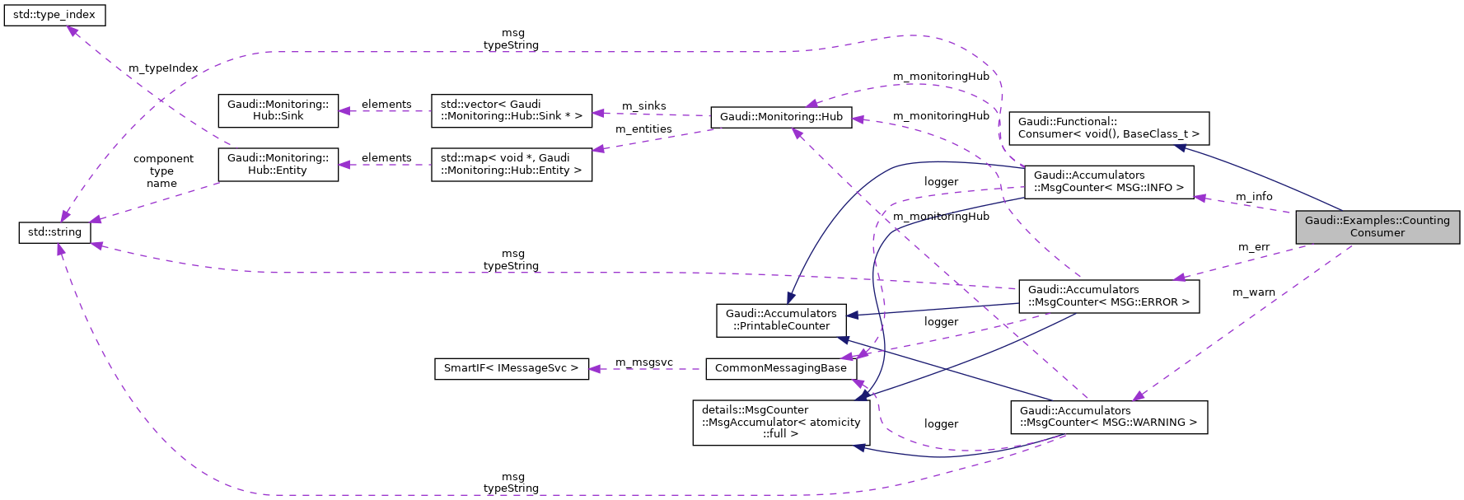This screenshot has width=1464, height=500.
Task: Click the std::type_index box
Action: tap(54, 15)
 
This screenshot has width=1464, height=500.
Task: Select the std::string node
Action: tap(54, 232)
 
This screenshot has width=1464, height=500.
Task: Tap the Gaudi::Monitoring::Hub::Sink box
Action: tap(278, 110)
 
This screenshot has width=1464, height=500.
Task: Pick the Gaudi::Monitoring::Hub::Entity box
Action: tap(278, 164)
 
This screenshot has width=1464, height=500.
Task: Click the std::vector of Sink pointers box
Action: tap(511, 110)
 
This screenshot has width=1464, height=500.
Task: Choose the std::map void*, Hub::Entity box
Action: tap(511, 164)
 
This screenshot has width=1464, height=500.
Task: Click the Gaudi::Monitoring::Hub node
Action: tap(780, 117)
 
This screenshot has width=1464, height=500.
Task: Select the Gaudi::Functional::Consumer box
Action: tap(1108, 128)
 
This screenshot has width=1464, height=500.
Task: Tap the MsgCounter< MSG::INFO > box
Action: tap(1108, 181)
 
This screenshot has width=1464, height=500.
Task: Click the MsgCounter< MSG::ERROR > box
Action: tap(1108, 296)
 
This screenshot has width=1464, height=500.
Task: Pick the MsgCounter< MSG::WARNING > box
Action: tap(1108, 417)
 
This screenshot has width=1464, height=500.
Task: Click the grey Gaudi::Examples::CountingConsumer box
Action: tap(1377, 227)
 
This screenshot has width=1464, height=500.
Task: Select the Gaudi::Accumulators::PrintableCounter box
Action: tap(781, 320)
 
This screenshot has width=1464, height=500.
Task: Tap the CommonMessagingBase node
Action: tap(780, 368)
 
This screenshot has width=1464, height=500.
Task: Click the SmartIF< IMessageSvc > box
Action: tap(511, 368)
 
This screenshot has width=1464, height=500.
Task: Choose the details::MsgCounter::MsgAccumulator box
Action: tap(780, 422)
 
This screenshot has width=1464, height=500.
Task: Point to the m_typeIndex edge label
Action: tap(163, 68)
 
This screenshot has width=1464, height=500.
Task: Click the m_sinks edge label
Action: tap(643, 106)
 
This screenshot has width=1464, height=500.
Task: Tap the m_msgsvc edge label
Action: tap(643, 362)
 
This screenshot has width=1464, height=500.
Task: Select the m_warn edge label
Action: tap(1253, 292)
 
